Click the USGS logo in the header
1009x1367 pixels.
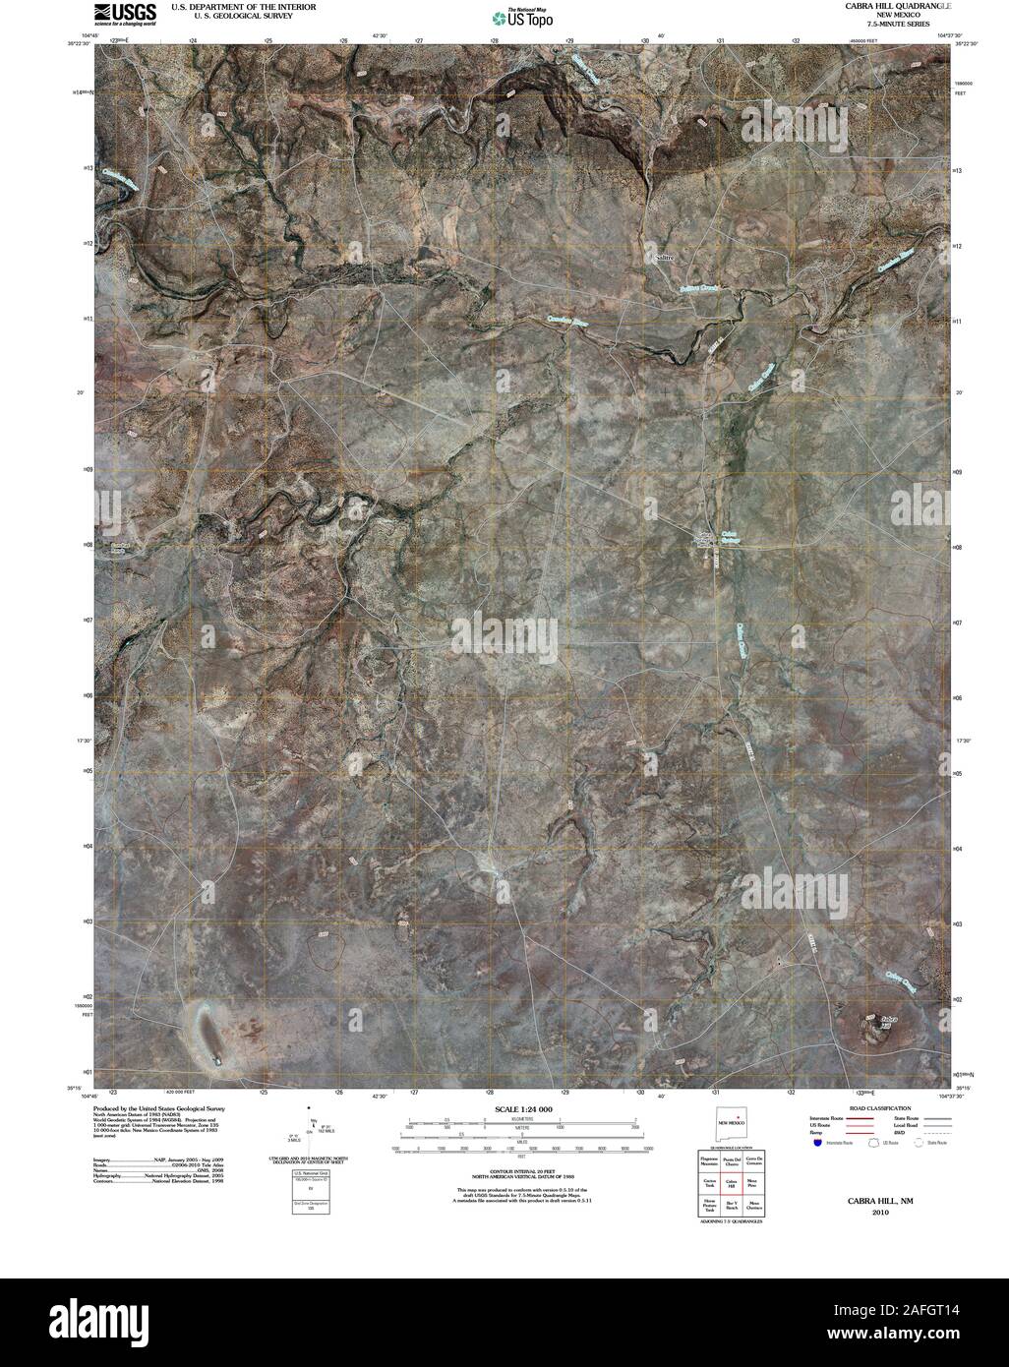coord(124,13)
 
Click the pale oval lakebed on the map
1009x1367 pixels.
coord(208,1030)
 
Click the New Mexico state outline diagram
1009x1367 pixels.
coord(729,1122)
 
